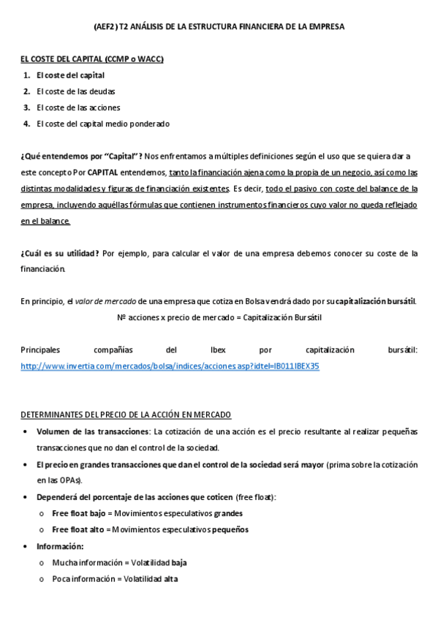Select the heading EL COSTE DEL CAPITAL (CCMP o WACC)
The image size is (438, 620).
coord(91,58)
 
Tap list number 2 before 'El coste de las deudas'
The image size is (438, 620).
coord(26,91)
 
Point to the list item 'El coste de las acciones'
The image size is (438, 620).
coord(78,107)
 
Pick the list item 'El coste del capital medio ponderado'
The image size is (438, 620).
coord(102,124)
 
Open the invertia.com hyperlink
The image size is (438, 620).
coord(170,366)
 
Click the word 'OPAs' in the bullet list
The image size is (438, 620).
coord(71,480)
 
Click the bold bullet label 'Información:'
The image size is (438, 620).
coord(60,546)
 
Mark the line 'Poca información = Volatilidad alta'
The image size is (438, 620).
coord(114,578)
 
